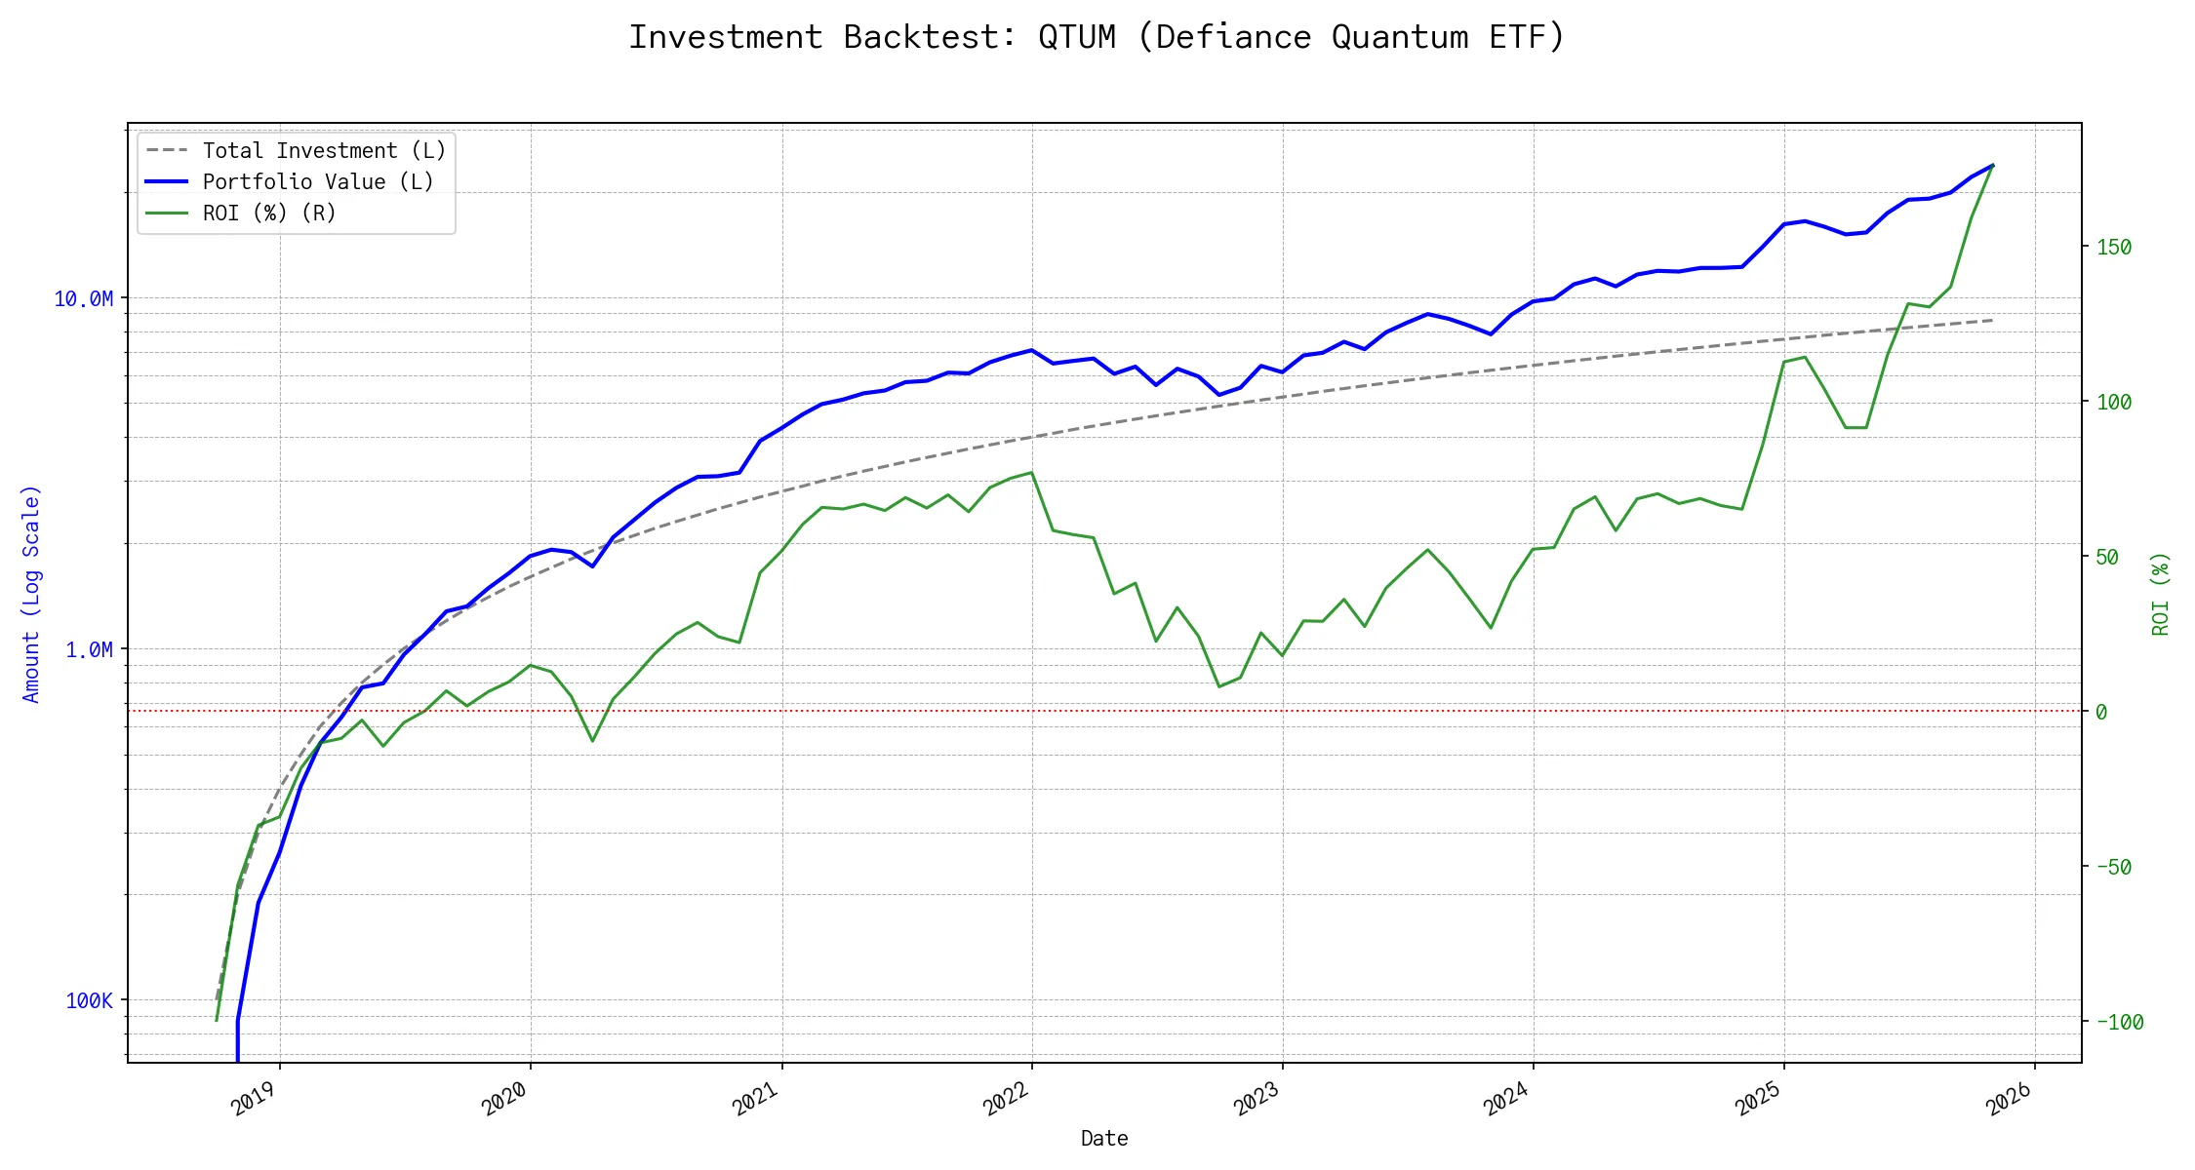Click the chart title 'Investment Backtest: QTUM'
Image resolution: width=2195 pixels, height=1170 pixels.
pos(1097,37)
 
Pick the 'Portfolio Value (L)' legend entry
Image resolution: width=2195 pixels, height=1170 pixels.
pos(318,182)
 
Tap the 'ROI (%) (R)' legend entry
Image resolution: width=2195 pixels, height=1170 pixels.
pos(269,214)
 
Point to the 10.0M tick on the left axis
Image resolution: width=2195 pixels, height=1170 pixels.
pos(83,298)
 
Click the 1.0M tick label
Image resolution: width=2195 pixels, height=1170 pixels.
pos(89,649)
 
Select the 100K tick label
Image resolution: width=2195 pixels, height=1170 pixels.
pos(89,1000)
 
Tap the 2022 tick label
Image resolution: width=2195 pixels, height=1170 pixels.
pos(1007,1099)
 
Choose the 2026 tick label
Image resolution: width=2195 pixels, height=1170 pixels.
pos(2010,1099)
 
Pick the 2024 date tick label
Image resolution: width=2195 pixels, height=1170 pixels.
pos(1508,1099)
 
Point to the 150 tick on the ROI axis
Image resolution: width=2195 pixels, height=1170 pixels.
pos(2114,248)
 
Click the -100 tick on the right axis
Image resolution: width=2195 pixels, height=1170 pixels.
pos(2119,1023)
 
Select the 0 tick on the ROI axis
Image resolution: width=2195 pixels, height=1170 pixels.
pos(2101,713)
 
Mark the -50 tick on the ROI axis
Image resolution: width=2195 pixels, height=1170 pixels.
pos(2114,867)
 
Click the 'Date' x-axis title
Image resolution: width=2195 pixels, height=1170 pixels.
pos(1104,1139)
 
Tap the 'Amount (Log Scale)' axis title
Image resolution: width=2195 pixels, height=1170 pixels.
pos(31,593)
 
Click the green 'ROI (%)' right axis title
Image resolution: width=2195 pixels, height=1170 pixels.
pos(2160,593)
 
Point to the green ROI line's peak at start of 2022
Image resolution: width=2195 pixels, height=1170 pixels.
pos(1032,473)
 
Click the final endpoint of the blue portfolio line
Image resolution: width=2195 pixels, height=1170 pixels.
pos(1993,165)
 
